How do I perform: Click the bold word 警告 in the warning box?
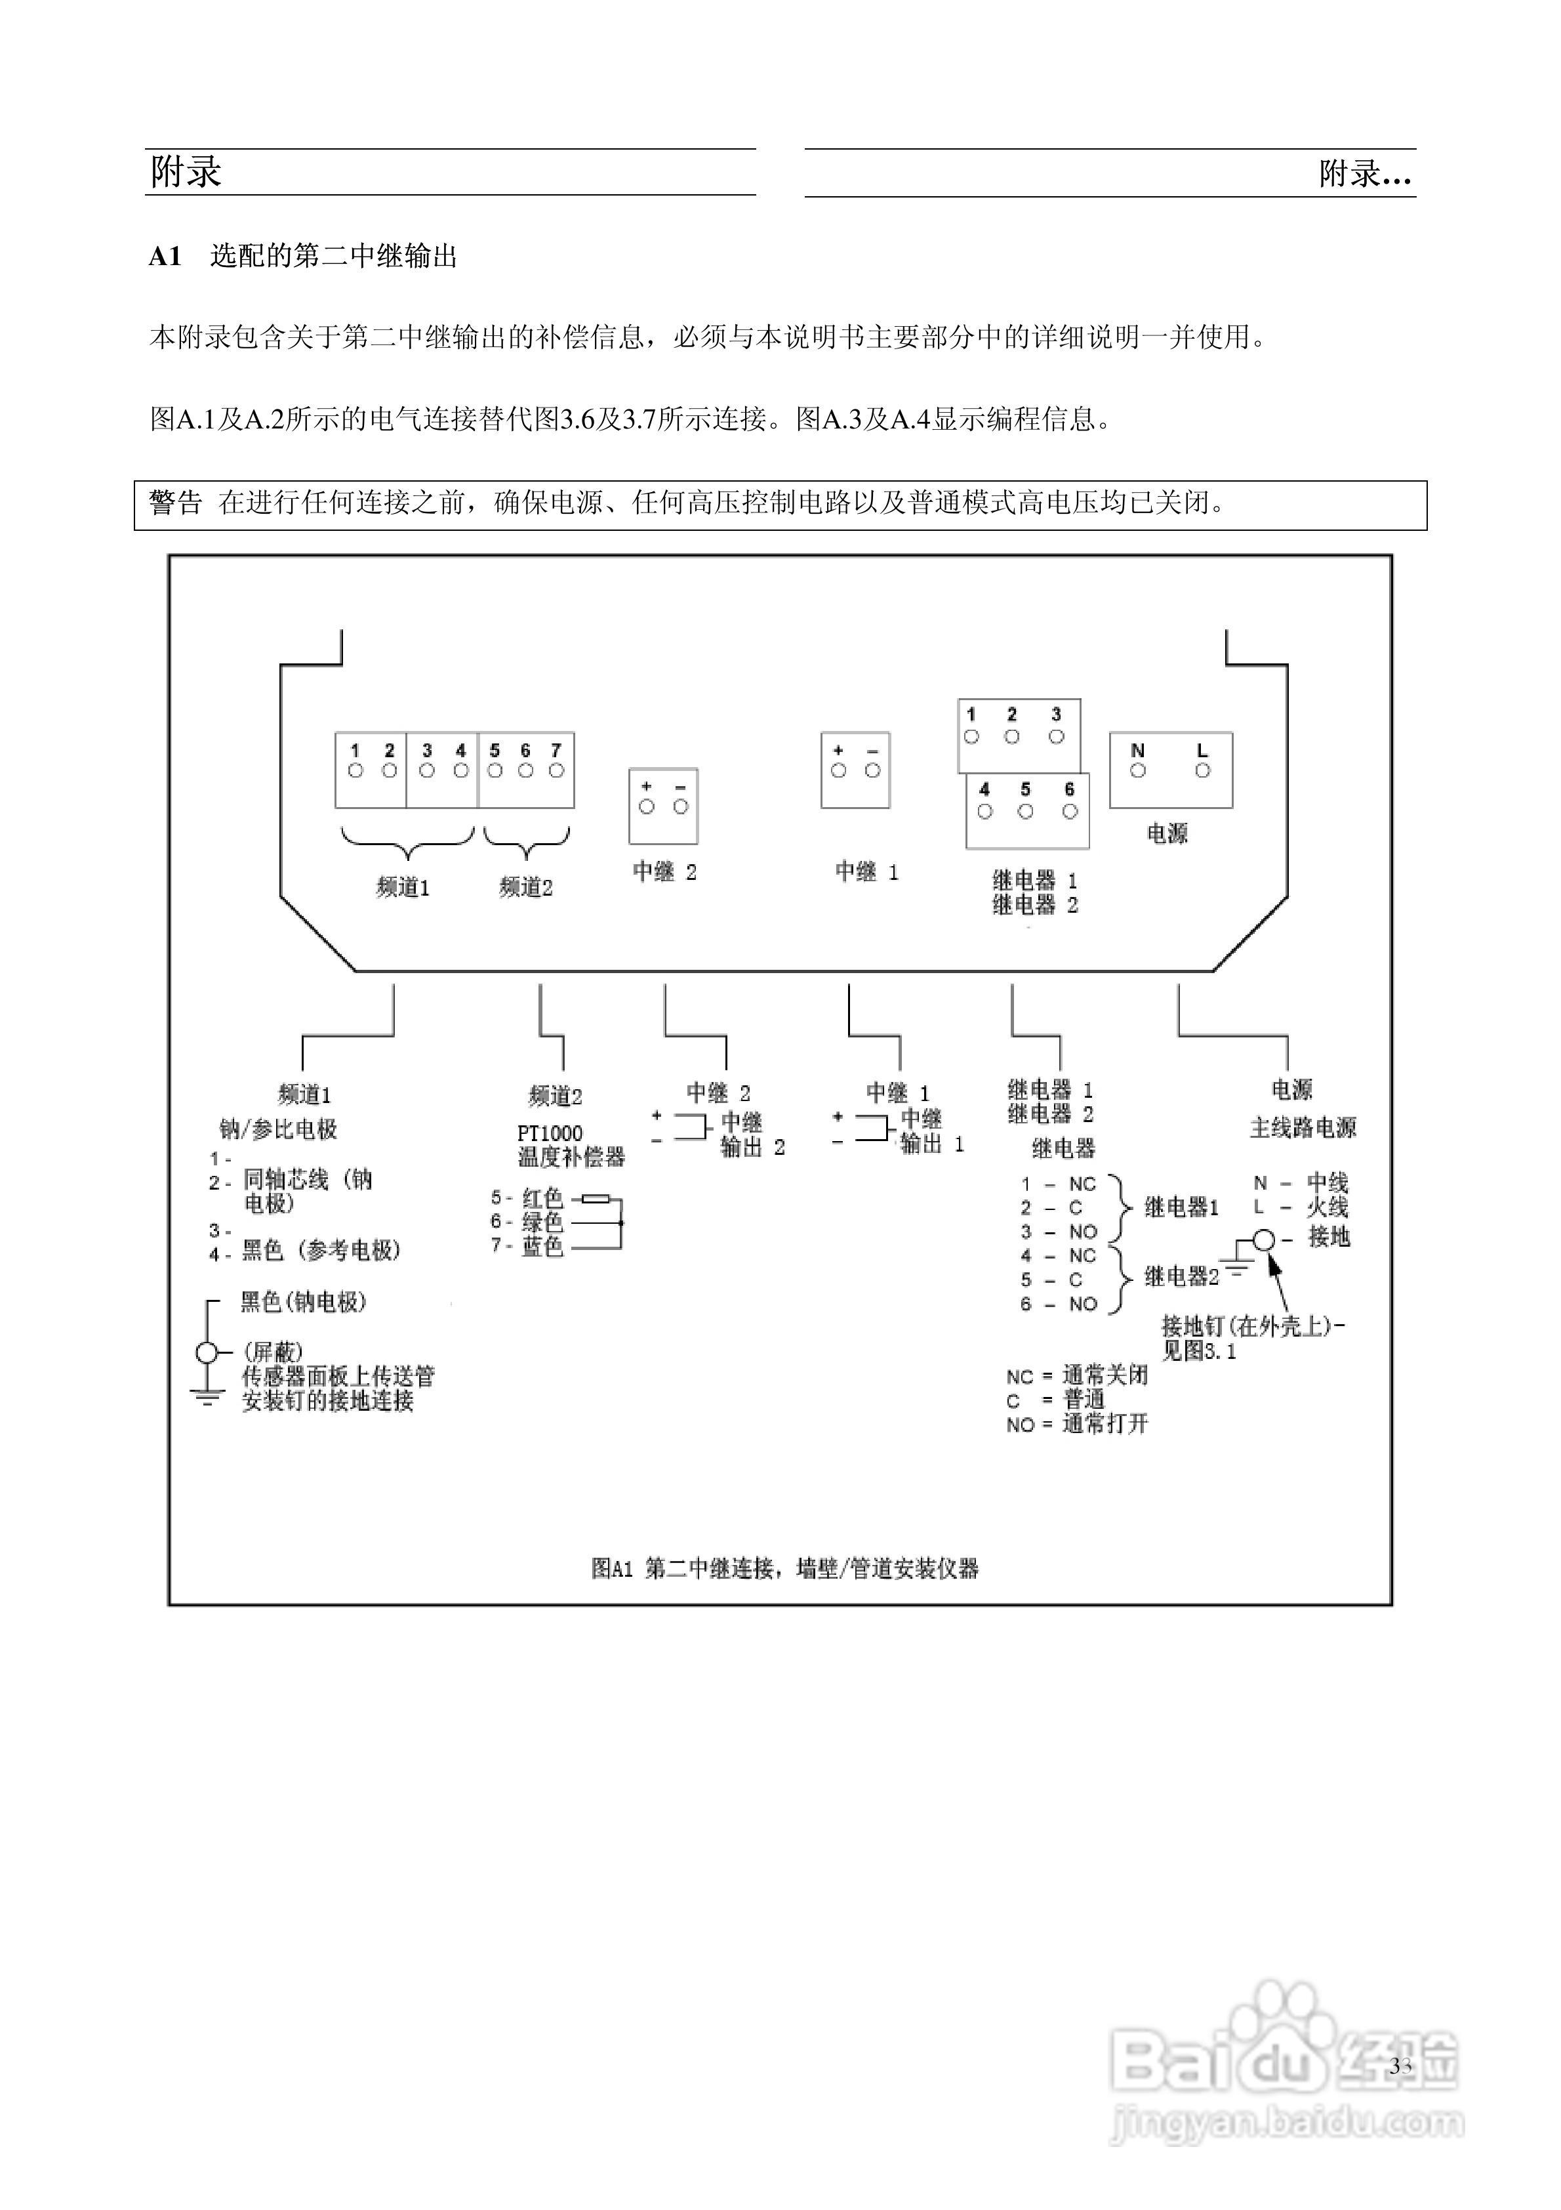(x=176, y=503)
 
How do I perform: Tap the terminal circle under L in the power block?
(x=1202, y=771)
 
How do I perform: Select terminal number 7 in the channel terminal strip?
(x=556, y=751)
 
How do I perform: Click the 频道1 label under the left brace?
(x=402, y=887)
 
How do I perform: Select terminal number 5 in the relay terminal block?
(x=1025, y=789)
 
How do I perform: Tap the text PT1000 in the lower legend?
(x=550, y=1134)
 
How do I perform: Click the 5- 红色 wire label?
(x=527, y=1198)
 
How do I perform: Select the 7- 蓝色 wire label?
(x=527, y=1247)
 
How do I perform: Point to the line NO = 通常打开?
(x=1077, y=1425)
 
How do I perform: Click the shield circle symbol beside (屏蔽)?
(x=207, y=1353)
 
